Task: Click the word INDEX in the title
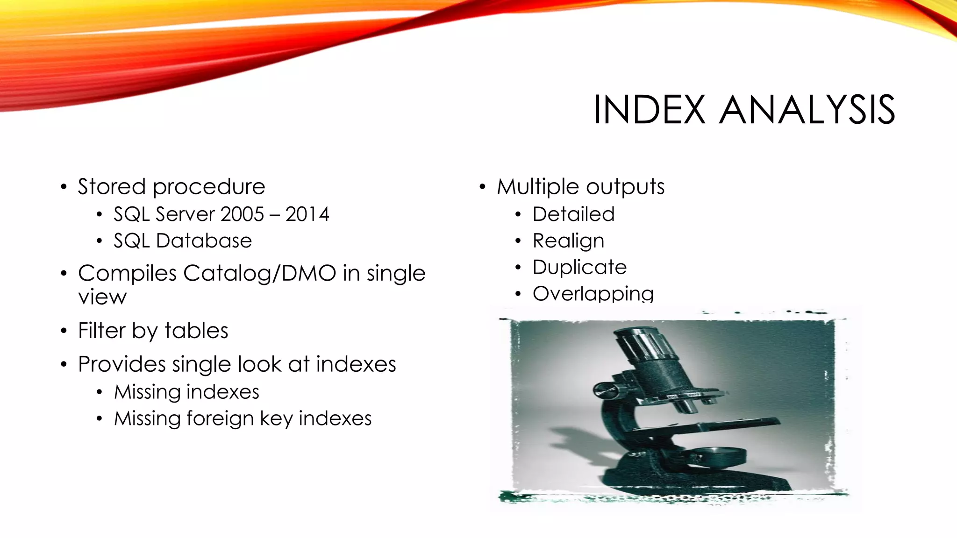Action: coord(649,110)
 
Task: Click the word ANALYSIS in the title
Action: coord(807,110)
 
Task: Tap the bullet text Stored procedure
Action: coord(171,187)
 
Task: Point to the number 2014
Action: coord(307,214)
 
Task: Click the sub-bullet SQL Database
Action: coord(182,241)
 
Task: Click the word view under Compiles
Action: coord(102,297)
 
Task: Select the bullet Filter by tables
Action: coord(153,331)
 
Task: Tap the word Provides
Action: coord(121,364)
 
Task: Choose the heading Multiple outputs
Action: coord(580,187)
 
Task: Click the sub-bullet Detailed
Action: coord(573,214)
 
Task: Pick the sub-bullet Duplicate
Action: coord(579,268)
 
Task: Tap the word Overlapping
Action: coord(593,294)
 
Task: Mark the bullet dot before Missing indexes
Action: coord(99,392)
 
